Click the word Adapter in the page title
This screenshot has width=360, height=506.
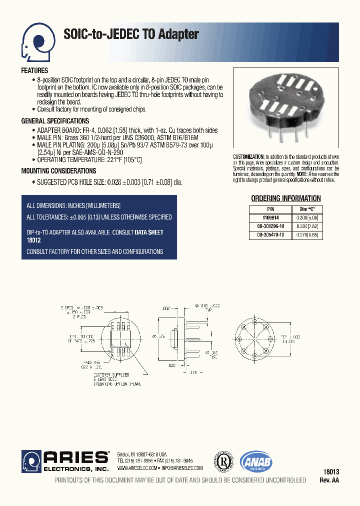click(178, 34)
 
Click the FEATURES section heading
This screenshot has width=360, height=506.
click(34, 71)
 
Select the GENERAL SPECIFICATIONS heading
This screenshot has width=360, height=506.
click(55, 121)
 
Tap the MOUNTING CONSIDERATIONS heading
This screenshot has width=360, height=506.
click(59, 171)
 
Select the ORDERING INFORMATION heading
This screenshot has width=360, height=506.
click(285, 198)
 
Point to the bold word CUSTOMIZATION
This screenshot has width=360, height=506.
click(248, 157)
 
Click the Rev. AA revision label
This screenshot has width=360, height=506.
click(329, 480)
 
